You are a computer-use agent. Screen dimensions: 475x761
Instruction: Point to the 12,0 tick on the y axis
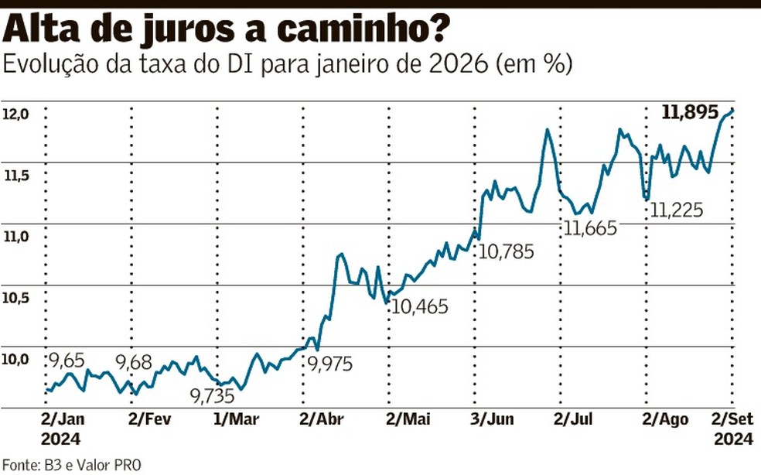(x=15, y=114)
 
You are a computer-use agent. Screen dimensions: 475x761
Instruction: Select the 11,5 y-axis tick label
(x=15, y=176)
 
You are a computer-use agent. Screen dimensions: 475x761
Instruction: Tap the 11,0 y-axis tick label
(x=15, y=237)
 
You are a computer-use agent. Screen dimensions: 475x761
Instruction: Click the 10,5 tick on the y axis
(x=15, y=299)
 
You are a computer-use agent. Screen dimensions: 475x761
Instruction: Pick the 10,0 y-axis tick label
(x=15, y=360)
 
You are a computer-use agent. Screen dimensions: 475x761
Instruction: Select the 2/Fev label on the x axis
(x=148, y=420)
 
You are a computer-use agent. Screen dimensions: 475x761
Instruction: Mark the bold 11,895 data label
(x=691, y=113)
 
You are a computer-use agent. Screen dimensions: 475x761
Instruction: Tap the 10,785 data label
(x=507, y=252)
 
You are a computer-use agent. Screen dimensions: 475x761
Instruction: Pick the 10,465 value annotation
(x=420, y=307)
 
